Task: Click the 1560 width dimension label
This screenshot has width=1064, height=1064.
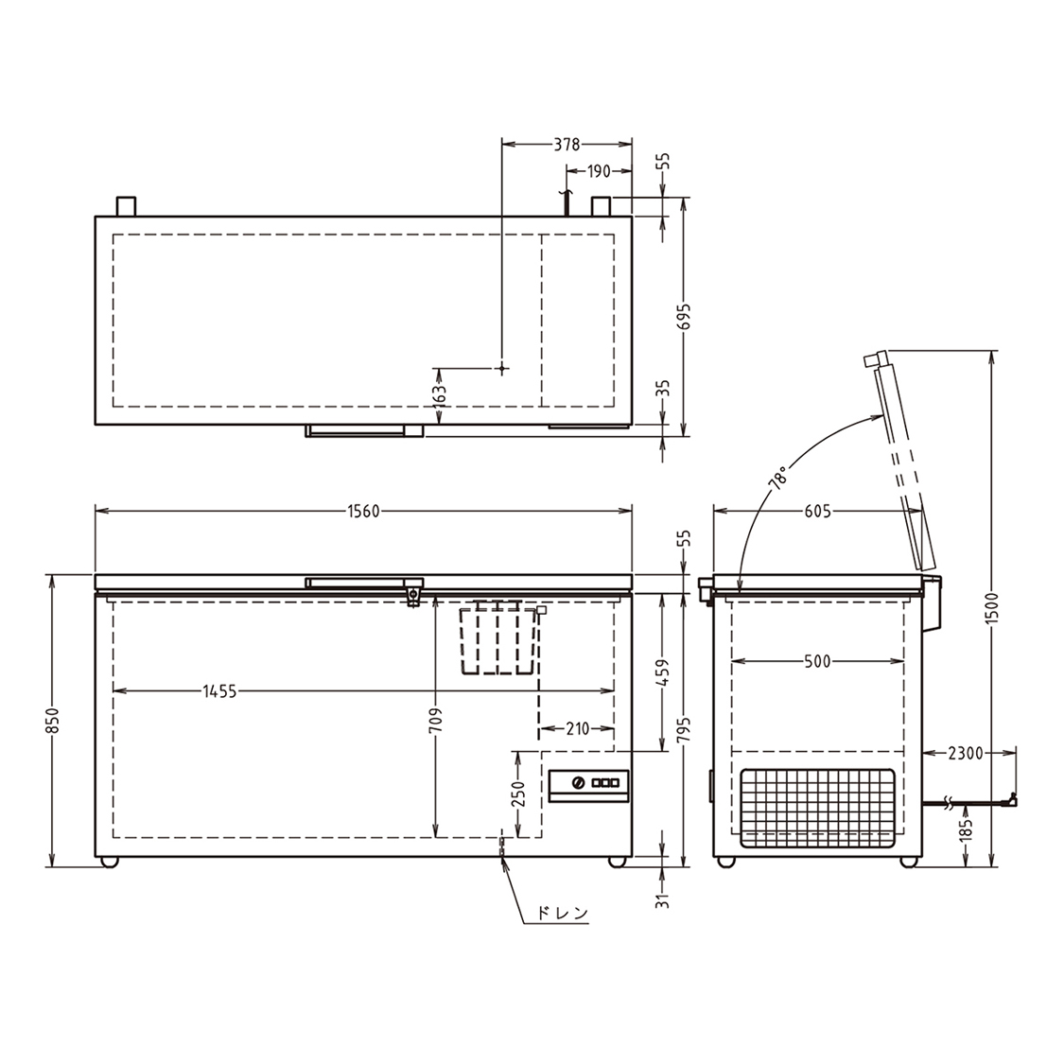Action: tap(364, 512)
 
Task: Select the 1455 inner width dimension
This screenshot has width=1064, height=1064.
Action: tap(219, 691)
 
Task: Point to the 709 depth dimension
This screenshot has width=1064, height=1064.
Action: tap(435, 720)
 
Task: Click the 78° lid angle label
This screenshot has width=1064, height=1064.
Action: tap(778, 478)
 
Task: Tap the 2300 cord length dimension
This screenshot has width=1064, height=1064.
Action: tap(966, 753)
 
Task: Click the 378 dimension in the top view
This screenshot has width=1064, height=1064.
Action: tap(567, 145)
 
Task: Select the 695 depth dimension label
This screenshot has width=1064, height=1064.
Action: tap(683, 316)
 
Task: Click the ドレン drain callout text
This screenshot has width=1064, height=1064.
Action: tap(563, 913)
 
